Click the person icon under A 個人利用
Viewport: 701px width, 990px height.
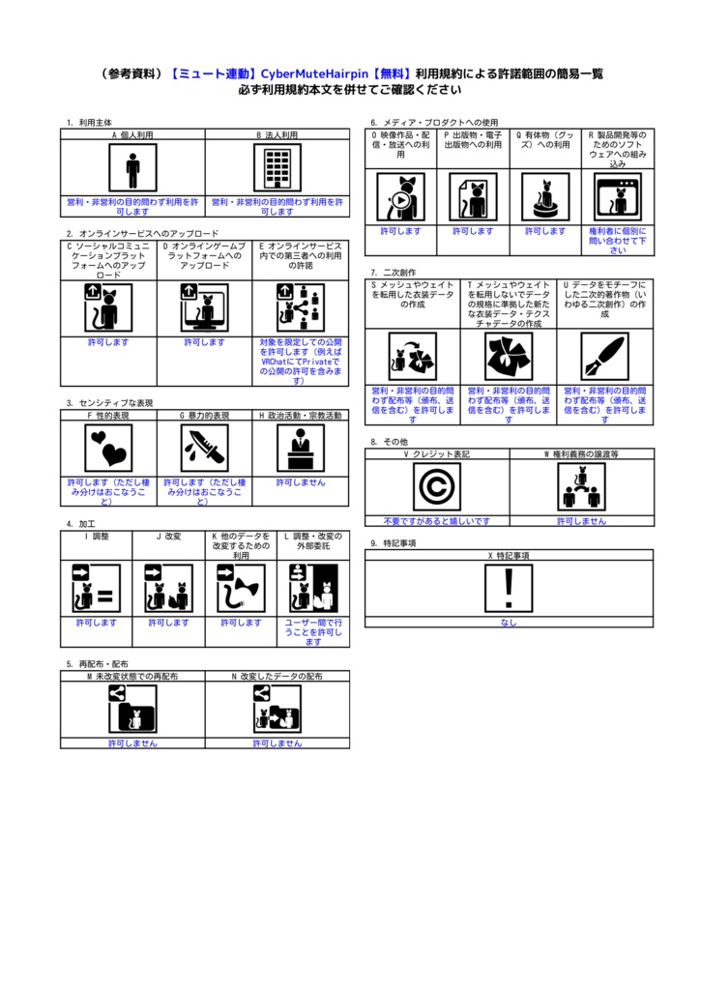coord(132,169)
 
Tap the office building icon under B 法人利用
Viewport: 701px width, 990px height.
coord(277,169)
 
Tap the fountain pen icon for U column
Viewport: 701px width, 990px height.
coord(604,355)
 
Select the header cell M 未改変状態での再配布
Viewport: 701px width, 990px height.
coord(132,677)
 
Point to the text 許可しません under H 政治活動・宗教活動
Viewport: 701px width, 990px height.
coord(301,482)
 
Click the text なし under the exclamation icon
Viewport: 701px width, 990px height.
coord(509,623)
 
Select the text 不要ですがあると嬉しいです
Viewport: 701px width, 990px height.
coord(436,521)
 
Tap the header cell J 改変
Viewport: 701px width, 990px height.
coord(168,536)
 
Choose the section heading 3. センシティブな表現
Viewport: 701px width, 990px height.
coord(109,403)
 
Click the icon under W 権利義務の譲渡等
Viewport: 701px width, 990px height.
coord(581,486)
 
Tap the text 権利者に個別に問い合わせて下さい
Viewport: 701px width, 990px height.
coord(618,241)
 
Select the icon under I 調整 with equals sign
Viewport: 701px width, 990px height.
coord(97,589)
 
